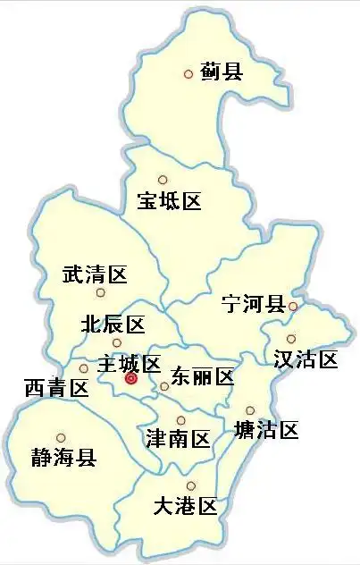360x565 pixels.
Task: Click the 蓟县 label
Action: (x=222, y=72)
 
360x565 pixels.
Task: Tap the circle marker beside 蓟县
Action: (x=188, y=74)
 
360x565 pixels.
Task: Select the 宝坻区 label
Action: (x=169, y=201)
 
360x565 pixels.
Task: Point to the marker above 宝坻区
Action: (x=162, y=180)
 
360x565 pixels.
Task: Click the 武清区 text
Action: (x=95, y=274)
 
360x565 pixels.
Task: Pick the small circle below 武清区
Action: (x=100, y=292)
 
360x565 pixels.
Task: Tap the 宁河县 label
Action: (x=253, y=305)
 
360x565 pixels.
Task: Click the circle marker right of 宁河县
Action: (x=293, y=307)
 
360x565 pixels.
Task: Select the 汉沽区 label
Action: (x=306, y=359)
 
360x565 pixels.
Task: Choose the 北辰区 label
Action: (x=113, y=323)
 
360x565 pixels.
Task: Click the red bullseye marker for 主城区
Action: (x=130, y=379)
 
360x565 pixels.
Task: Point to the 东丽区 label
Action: (x=202, y=376)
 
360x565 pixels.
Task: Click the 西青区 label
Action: (x=56, y=388)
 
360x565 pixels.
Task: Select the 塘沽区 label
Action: (x=265, y=430)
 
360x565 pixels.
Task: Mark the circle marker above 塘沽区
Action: (x=250, y=410)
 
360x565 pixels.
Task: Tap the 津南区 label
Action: (x=178, y=439)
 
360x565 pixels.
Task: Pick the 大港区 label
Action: (x=185, y=508)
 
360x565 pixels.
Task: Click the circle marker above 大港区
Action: (x=190, y=485)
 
